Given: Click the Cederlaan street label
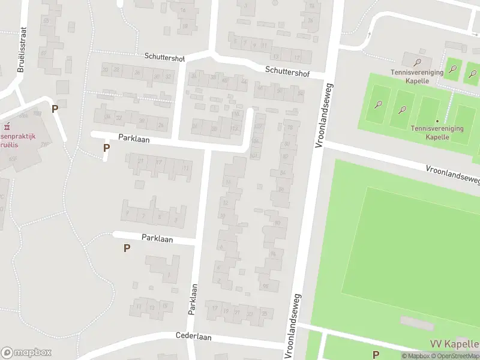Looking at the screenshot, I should coord(194,337).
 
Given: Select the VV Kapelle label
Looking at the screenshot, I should coord(454,344).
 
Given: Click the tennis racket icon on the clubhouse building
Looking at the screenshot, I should coord(418,61).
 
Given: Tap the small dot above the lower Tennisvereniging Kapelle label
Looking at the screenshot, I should coord(437,121).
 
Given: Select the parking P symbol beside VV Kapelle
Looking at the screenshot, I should coord(376,354).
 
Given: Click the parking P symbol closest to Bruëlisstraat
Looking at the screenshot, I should coord(55,109).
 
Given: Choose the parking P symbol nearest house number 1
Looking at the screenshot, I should coord(127,248).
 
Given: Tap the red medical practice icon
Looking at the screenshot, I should coord(8,127).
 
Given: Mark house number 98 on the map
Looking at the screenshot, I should coord(265,286).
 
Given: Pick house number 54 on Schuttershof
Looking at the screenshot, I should coord(300,94).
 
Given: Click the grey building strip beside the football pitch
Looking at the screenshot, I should coord(418,323).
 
